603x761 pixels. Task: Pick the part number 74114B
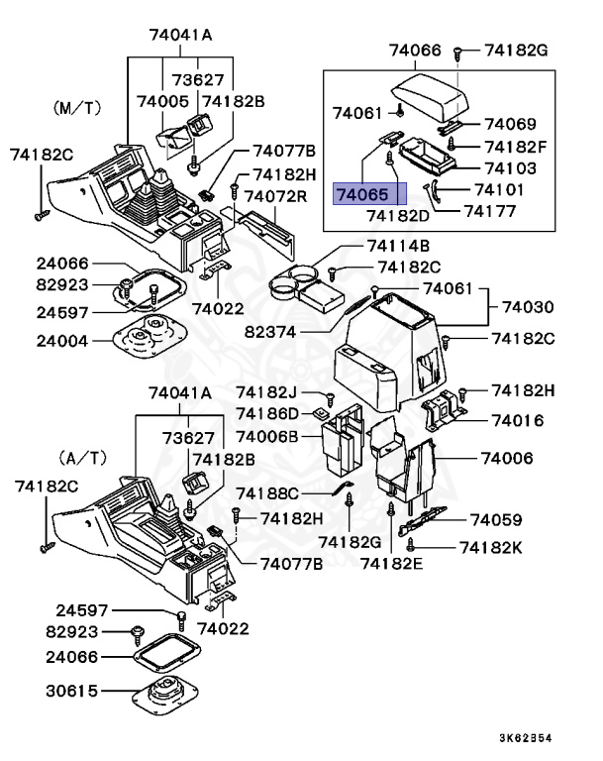[x=398, y=246]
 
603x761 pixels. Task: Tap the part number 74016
[x=518, y=420]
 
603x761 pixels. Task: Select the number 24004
[x=61, y=341]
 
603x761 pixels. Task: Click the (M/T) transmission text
[x=76, y=104]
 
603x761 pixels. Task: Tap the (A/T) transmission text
[x=81, y=459]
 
